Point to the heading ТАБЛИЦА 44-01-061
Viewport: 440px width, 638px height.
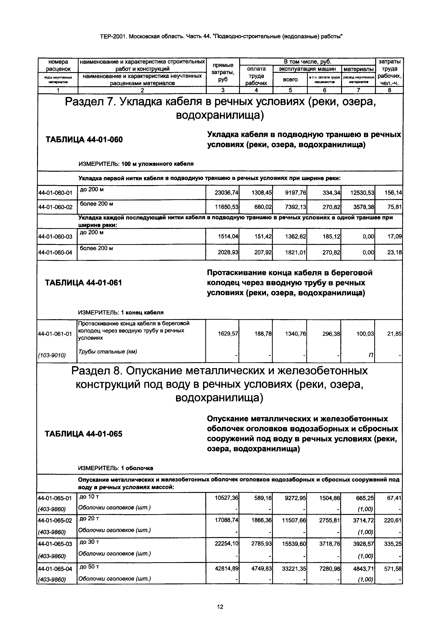(x=83, y=283)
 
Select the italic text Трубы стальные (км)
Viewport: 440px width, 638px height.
(x=108, y=352)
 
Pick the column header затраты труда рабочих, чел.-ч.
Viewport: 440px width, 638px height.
(x=389, y=72)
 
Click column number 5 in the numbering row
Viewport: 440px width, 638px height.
(x=290, y=90)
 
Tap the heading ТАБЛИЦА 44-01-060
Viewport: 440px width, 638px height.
(x=84, y=139)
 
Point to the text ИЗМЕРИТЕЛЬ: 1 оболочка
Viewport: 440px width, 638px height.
(x=116, y=468)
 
